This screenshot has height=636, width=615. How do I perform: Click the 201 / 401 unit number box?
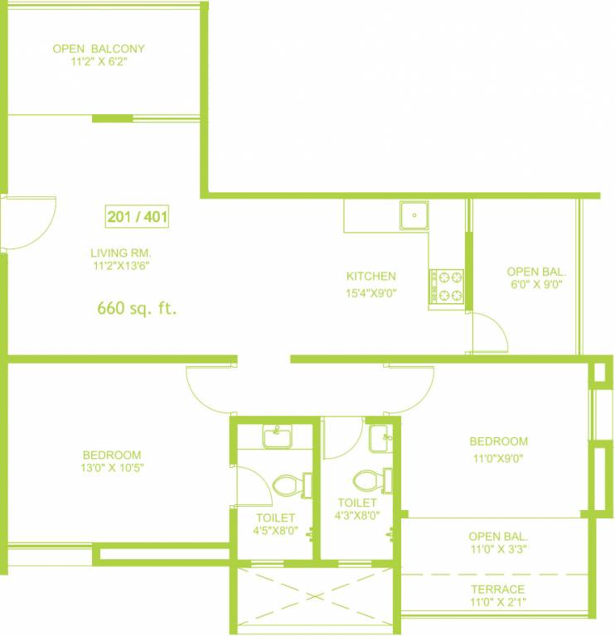pos(138,218)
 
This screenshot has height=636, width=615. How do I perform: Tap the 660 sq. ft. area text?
pos(138,309)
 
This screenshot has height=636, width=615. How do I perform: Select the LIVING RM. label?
pos(121,253)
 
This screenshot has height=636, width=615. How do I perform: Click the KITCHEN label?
pos(370,276)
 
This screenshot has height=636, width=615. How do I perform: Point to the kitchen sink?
pos(413,215)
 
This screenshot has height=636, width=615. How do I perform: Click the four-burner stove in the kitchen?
pos(446,286)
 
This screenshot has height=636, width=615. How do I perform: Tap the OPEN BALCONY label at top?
pos(99,49)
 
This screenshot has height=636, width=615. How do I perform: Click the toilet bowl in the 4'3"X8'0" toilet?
pos(366,480)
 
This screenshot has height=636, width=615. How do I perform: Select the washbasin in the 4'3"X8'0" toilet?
pos(381,437)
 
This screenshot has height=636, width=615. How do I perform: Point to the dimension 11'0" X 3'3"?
pos(497,548)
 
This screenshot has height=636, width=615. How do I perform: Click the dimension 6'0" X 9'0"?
pos(535,284)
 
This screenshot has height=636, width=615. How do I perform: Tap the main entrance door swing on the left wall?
pos(29,222)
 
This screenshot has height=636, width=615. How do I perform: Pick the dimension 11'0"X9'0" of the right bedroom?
pos(498,455)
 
